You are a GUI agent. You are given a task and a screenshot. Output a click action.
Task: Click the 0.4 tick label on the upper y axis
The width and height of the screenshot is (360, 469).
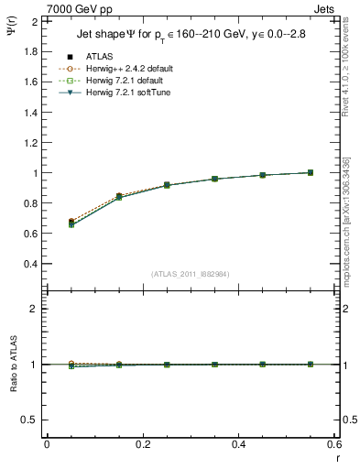coord(31,264)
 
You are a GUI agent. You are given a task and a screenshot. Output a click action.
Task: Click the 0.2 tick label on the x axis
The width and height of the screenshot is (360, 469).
coord(142,444)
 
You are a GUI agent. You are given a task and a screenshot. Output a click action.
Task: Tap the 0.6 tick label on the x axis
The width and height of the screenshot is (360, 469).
coord(333,444)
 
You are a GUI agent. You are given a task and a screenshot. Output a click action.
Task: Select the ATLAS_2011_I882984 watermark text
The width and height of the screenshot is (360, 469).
coord(190,274)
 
